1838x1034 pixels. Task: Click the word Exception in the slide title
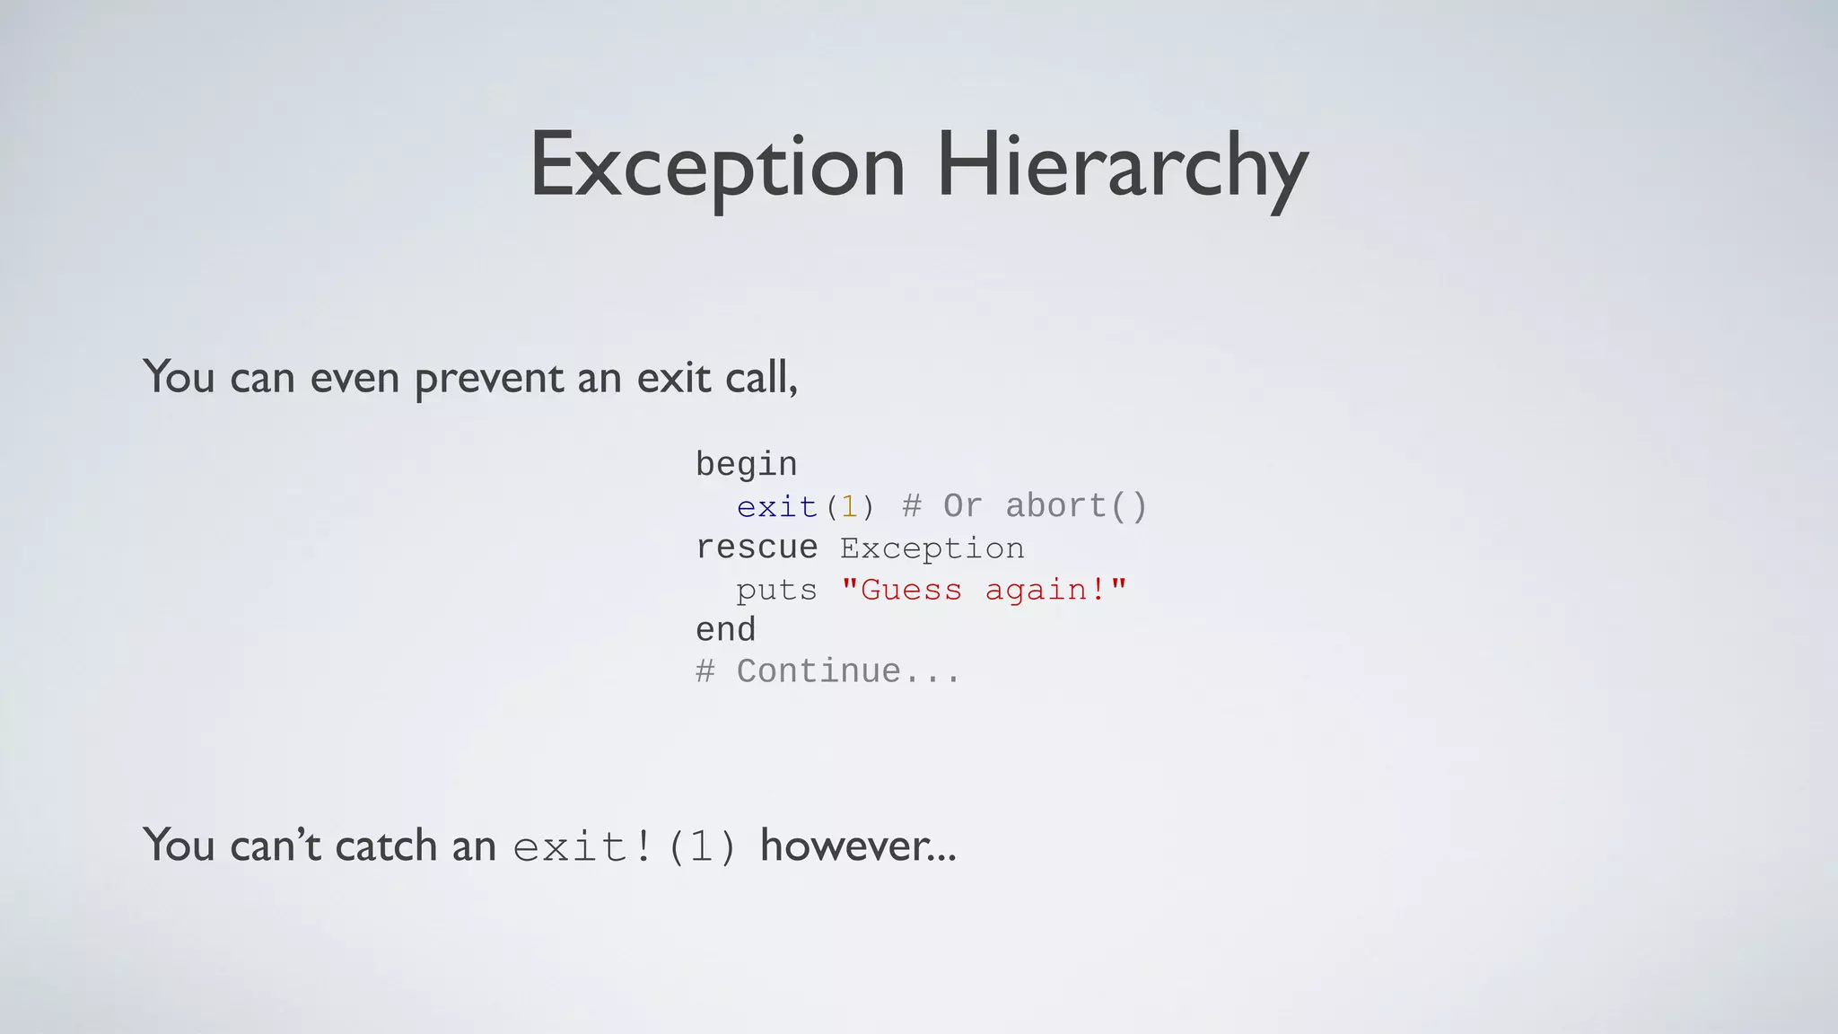[x=717, y=167]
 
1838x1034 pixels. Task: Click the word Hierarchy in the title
[x=1122, y=167]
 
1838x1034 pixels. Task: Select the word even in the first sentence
[x=354, y=378]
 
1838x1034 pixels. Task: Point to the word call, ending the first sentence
[x=761, y=378]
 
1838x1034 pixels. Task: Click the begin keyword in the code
[x=746, y=465]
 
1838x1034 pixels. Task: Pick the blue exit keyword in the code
[x=776, y=507]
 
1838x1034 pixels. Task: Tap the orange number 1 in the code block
[x=849, y=507]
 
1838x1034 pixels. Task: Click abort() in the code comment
[x=1076, y=506]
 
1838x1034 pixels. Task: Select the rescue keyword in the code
[x=757, y=548]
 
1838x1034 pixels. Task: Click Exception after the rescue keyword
[x=932, y=548]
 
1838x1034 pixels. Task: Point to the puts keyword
[x=776, y=590]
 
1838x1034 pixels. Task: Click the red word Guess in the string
[x=910, y=590]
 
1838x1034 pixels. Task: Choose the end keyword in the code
[x=726, y=630]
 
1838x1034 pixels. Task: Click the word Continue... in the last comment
[x=848, y=671]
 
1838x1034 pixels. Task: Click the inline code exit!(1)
[x=625, y=846]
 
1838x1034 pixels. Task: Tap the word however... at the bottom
[x=858, y=846]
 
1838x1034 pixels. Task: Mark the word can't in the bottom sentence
[x=275, y=846]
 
